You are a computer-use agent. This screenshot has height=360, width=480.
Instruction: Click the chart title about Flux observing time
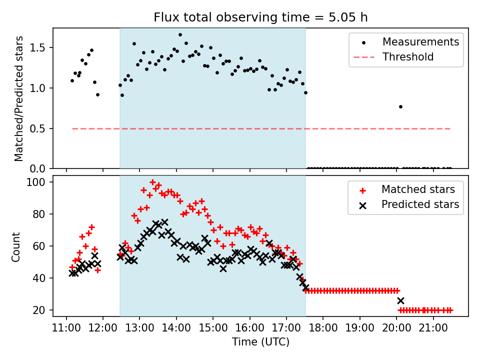[x=260, y=17]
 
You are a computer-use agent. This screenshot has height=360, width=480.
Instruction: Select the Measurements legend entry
[x=420, y=42]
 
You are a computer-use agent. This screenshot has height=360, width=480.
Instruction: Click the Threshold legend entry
[x=408, y=57]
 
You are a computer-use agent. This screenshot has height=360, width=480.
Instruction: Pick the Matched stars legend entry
[x=418, y=189]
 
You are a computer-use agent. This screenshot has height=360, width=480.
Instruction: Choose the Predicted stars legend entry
[x=420, y=204]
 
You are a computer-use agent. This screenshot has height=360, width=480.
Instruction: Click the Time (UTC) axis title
[x=260, y=342]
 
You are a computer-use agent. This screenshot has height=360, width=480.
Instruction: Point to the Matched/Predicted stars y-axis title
[x=19, y=98]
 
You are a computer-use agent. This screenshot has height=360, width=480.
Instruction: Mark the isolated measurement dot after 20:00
[x=400, y=106]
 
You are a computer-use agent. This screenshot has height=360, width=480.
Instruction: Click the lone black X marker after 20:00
[x=400, y=300]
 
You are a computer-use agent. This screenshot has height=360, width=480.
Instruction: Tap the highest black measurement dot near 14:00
[x=180, y=35]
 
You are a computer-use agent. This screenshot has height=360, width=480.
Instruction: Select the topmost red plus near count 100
[x=152, y=182]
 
